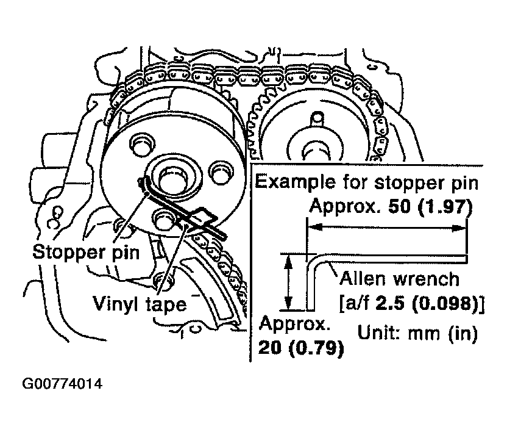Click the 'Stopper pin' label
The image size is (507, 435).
pyautogui.click(x=86, y=253)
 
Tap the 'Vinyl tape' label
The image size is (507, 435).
pyautogui.click(x=140, y=304)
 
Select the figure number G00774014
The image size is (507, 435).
pyautogui.click(x=62, y=384)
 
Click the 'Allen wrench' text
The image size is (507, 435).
pyautogui.click(x=399, y=279)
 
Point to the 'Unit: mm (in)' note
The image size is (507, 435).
pyautogui.click(x=417, y=333)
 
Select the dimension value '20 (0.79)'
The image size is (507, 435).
pyautogui.click(x=301, y=348)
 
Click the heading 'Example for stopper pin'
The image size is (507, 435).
pyautogui.click(x=367, y=183)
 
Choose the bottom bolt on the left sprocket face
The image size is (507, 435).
pyautogui.click(x=165, y=220)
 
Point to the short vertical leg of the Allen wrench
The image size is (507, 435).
pyautogui.click(x=310, y=285)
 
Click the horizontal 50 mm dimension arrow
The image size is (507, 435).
pyautogui.click(x=387, y=228)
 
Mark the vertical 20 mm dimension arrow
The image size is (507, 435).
pyautogui.click(x=288, y=282)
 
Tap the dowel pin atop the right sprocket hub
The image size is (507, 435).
pyautogui.click(x=317, y=119)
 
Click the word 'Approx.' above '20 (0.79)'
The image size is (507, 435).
pyautogui.click(x=294, y=324)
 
